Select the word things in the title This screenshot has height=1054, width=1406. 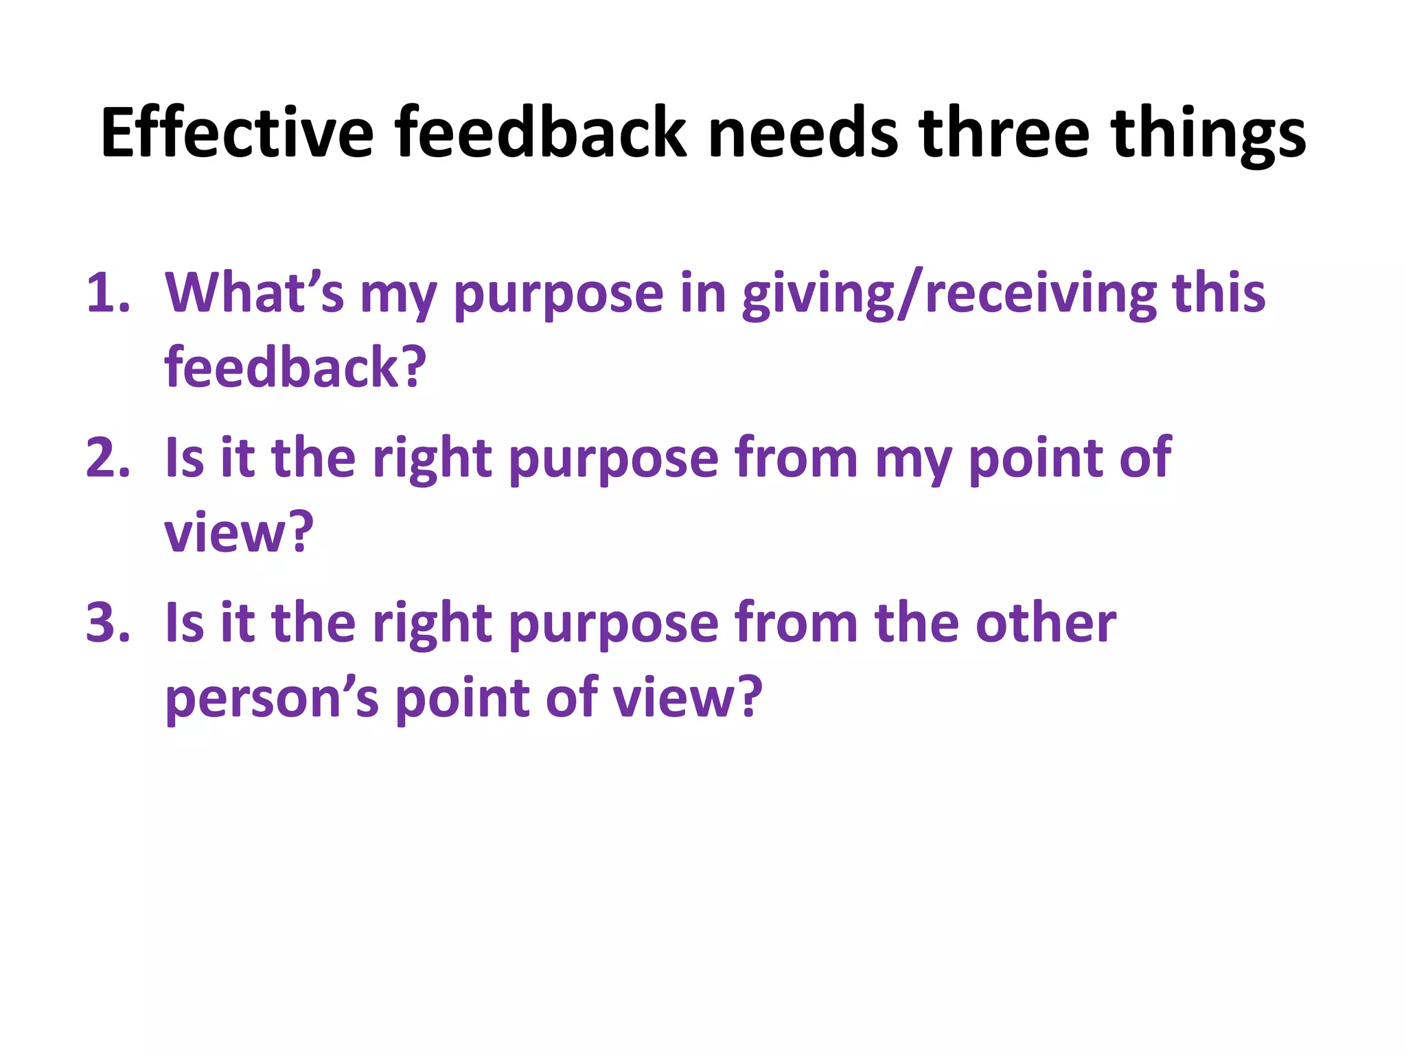1208,135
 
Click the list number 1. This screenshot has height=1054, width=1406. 107,294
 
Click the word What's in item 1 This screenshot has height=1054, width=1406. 254,294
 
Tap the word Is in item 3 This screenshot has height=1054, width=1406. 185,623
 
